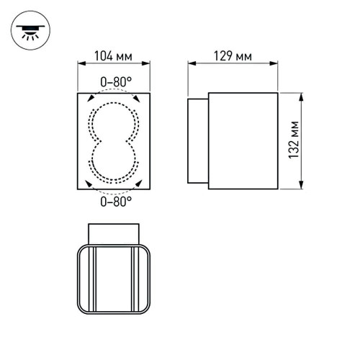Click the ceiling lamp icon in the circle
click(30, 30)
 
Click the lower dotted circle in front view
click(114, 161)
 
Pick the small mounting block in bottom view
click(114, 233)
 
